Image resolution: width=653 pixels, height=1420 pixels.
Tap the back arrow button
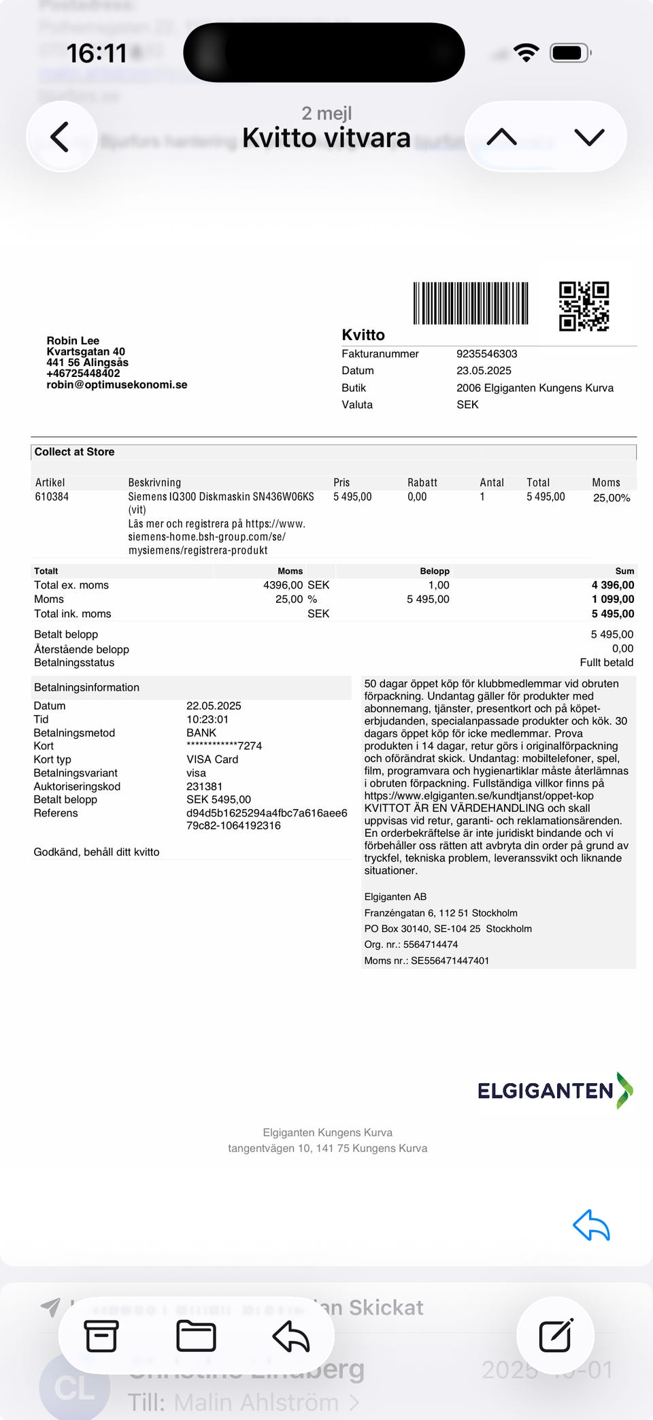click(x=61, y=137)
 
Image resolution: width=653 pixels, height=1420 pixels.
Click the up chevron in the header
click(x=502, y=137)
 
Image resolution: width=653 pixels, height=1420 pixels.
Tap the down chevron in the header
click(x=589, y=137)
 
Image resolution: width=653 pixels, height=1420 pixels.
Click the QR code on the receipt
click(x=584, y=306)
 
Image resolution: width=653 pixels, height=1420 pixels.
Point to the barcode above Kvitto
click(x=471, y=303)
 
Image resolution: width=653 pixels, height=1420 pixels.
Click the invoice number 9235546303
click(x=486, y=354)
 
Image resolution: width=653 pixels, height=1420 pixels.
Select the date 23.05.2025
click(x=484, y=371)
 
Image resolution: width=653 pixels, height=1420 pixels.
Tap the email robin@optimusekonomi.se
click(x=117, y=384)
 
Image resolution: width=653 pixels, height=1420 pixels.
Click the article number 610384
click(x=52, y=497)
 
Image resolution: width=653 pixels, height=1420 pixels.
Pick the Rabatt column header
click(x=422, y=482)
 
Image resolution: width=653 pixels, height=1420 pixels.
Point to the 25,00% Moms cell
click(x=612, y=498)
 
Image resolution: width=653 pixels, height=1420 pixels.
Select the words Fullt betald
click(x=606, y=663)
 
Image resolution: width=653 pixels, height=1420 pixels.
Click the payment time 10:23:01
click(x=207, y=719)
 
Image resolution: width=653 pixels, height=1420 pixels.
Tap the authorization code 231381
click(x=204, y=787)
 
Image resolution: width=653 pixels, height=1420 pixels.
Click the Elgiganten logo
click(x=555, y=1091)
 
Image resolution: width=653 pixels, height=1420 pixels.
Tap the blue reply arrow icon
click(x=591, y=1225)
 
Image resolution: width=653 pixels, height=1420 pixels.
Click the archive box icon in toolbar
click(x=101, y=1336)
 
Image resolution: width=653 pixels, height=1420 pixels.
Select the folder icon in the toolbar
click(x=196, y=1336)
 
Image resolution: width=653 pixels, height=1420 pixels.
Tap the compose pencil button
click(x=556, y=1336)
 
